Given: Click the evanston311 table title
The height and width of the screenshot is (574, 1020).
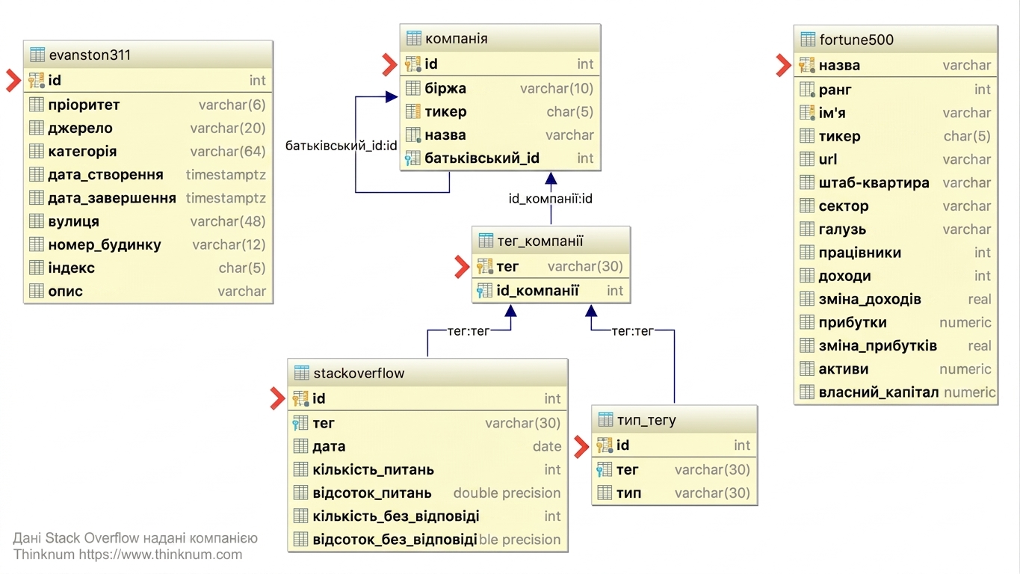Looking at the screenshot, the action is [x=90, y=55].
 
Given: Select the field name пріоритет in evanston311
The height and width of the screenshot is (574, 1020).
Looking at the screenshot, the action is [x=84, y=105].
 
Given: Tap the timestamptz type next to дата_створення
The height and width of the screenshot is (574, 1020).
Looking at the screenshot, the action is [x=226, y=174].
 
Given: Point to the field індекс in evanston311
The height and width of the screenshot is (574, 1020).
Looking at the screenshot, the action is [x=72, y=268].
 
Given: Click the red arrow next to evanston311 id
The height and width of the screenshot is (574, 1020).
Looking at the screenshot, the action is [x=13, y=80].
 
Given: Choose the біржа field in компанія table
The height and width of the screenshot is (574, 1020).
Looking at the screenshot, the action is [x=445, y=88].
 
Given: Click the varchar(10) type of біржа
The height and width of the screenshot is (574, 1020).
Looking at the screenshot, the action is [x=557, y=88].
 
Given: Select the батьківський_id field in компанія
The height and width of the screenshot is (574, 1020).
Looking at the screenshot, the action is [x=482, y=158].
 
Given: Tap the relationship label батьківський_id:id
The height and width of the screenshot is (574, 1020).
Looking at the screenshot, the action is [x=341, y=146].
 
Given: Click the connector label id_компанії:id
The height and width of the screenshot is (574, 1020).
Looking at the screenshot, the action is [x=550, y=199].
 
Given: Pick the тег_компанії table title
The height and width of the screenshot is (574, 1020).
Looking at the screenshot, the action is [x=540, y=241].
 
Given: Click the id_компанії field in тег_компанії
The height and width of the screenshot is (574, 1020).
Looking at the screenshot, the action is [x=537, y=291].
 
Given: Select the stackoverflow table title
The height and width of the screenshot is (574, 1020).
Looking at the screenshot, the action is [x=359, y=373].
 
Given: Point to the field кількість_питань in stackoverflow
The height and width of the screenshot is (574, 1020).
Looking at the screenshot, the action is [x=374, y=469].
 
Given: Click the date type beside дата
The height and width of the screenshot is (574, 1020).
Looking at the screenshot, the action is [x=547, y=446].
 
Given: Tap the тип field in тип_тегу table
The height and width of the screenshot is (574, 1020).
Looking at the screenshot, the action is [x=628, y=493].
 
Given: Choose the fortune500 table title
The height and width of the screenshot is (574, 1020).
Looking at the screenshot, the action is [x=856, y=40].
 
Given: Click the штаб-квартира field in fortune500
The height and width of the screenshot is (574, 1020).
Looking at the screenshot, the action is [x=874, y=182].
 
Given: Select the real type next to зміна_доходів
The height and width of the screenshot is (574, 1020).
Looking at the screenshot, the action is [x=980, y=299].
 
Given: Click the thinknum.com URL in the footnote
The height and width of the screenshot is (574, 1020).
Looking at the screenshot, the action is [x=160, y=555].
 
